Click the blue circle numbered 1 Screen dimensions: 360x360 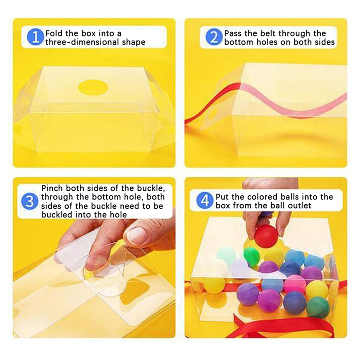click(36, 37)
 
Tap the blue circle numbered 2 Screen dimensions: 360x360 click(214, 37)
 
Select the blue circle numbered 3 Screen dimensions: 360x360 click(29, 201)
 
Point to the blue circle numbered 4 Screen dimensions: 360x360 click(205, 201)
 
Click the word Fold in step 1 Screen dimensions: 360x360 click(54, 33)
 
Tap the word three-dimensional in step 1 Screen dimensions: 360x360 click(82, 42)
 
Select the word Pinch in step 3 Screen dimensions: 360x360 click(52, 188)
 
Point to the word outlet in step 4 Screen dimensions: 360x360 click(299, 205)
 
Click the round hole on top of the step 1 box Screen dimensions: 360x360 click(93, 87)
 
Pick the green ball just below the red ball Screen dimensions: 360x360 click(252, 257)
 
